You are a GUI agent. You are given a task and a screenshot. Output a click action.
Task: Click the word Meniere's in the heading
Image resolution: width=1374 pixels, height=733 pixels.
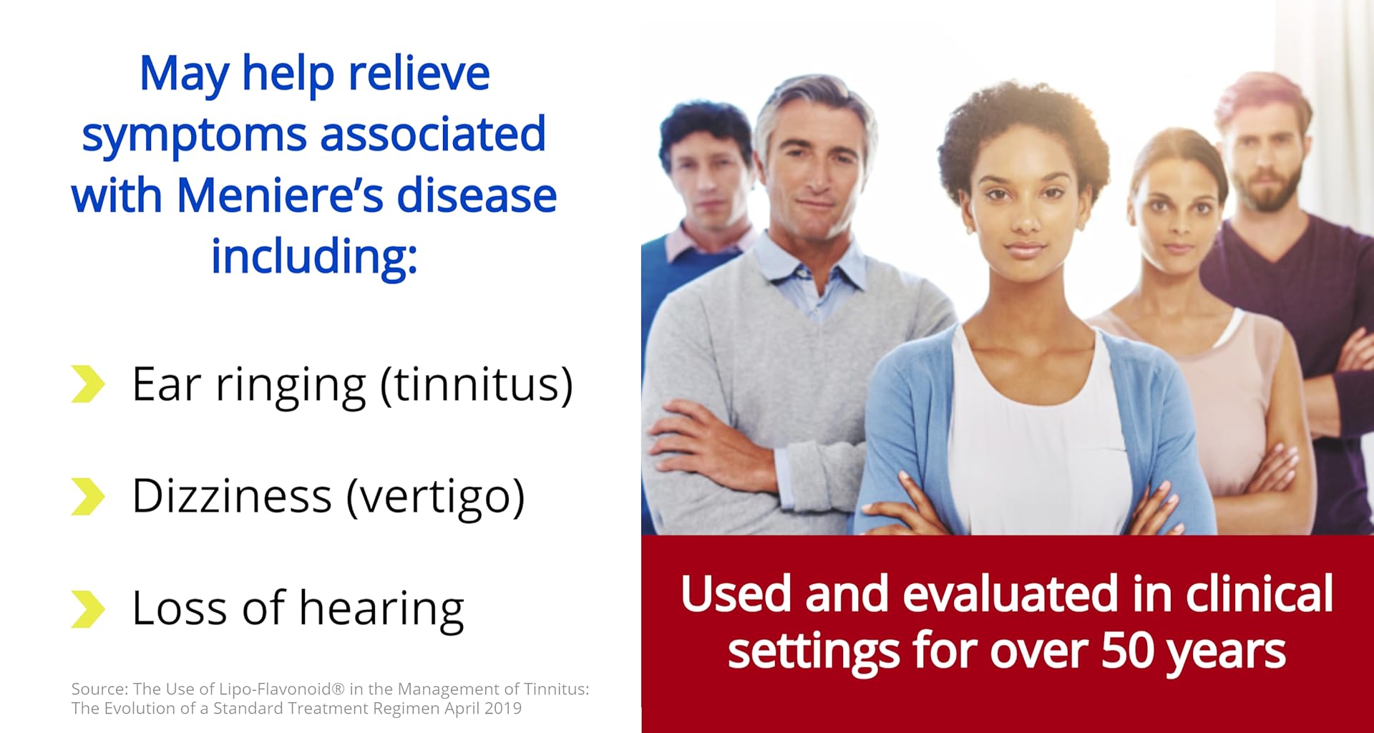[279, 195]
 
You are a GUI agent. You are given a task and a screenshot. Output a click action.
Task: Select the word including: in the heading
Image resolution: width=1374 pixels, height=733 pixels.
[314, 256]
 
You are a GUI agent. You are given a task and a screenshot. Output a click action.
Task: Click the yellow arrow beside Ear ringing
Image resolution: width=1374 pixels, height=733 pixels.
[88, 384]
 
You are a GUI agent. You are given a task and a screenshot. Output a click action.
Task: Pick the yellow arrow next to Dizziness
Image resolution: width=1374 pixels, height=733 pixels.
[88, 497]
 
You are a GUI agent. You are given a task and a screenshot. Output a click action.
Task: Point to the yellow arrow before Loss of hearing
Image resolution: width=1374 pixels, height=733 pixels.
[88, 609]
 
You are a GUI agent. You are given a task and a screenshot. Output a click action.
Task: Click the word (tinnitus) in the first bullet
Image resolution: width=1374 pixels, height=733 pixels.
[477, 385]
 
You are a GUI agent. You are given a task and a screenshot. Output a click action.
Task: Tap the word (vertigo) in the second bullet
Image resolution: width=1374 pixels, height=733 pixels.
[436, 497]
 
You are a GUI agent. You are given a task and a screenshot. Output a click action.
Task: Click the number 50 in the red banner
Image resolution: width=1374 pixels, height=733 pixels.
[1127, 651]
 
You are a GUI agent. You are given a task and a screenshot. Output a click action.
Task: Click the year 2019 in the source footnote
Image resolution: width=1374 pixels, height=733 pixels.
[502, 709]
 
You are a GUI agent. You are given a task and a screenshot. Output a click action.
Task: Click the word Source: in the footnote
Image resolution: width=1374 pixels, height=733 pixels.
[99, 689]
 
